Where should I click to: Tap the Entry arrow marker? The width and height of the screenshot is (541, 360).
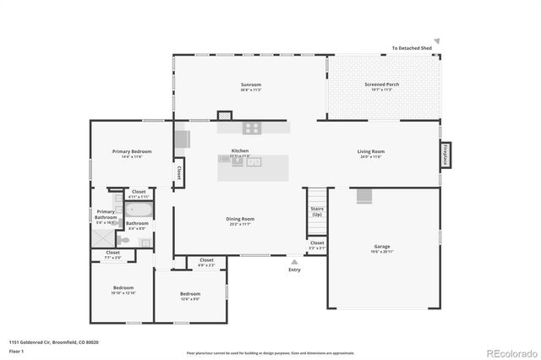tap(294, 262)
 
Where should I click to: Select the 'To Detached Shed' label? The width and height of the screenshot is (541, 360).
tap(412, 49)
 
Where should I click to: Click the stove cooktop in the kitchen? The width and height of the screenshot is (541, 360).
tap(252, 128)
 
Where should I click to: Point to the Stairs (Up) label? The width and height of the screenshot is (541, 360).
tap(317, 211)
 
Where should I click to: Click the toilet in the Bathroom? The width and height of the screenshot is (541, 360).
tap(124, 240)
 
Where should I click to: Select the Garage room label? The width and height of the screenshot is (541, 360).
tap(382, 249)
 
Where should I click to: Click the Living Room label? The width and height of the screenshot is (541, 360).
tap(370, 154)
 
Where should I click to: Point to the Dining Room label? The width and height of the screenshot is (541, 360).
tap(240, 221)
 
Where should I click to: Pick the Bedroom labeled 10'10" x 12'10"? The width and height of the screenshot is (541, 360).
tap(123, 290)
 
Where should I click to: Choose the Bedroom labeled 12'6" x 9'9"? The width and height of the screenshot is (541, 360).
tap(190, 296)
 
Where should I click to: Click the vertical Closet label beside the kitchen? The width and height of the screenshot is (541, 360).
tap(179, 172)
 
